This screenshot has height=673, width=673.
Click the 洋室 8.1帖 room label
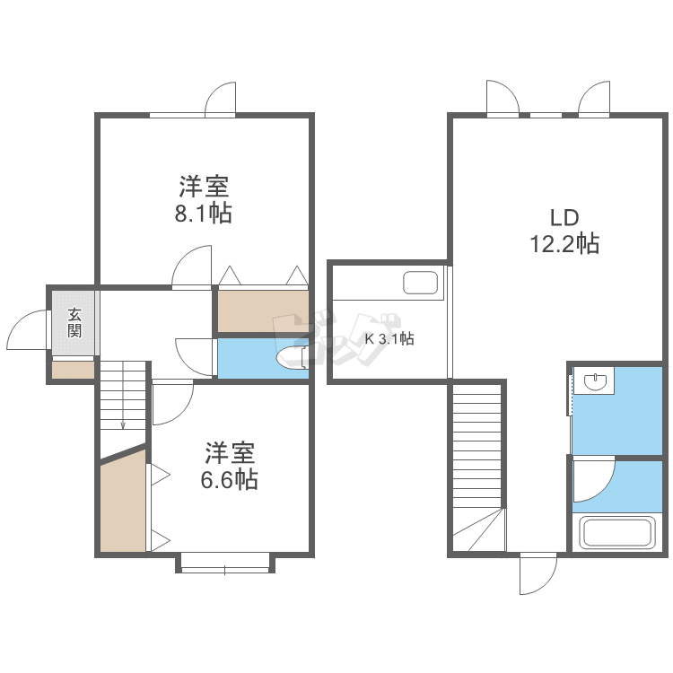pyautogui.click(x=204, y=200)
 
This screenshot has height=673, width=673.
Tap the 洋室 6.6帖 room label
pyautogui.click(x=229, y=465)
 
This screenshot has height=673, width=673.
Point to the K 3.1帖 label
pyautogui.click(x=389, y=339)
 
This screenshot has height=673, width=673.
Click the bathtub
pyautogui.click(x=616, y=532)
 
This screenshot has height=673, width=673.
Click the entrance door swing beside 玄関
pyautogui.click(x=27, y=331)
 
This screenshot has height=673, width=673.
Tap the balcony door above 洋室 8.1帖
pyautogui.click(x=220, y=99)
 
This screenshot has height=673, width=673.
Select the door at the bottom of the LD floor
pyautogui.click(x=538, y=573)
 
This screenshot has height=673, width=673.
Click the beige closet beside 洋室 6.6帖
pyautogui.click(x=123, y=503)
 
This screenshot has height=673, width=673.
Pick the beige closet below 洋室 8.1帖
pyautogui.click(x=263, y=310)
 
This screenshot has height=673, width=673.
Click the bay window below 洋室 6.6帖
pyautogui.click(x=224, y=563)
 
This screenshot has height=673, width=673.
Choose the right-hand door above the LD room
pyautogui.click(x=594, y=99)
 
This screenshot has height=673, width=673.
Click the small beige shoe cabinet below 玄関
pyautogui.click(x=73, y=369)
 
